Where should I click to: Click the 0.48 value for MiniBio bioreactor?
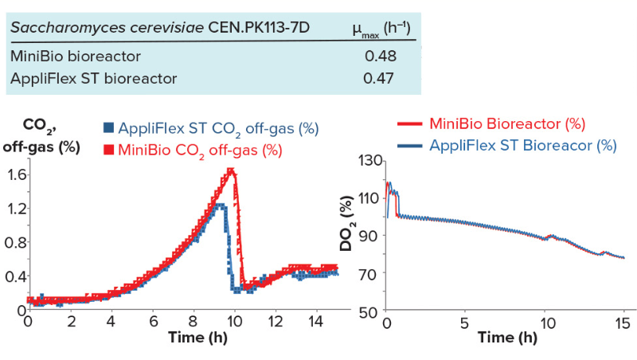click(x=380, y=57)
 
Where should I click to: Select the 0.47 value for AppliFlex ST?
click(x=379, y=78)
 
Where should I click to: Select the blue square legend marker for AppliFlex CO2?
click(x=108, y=127)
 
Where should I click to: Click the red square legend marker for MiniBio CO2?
click(x=108, y=149)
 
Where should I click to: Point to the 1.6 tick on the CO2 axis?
click(x=14, y=174)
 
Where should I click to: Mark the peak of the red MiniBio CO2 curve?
click(x=231, y=170)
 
